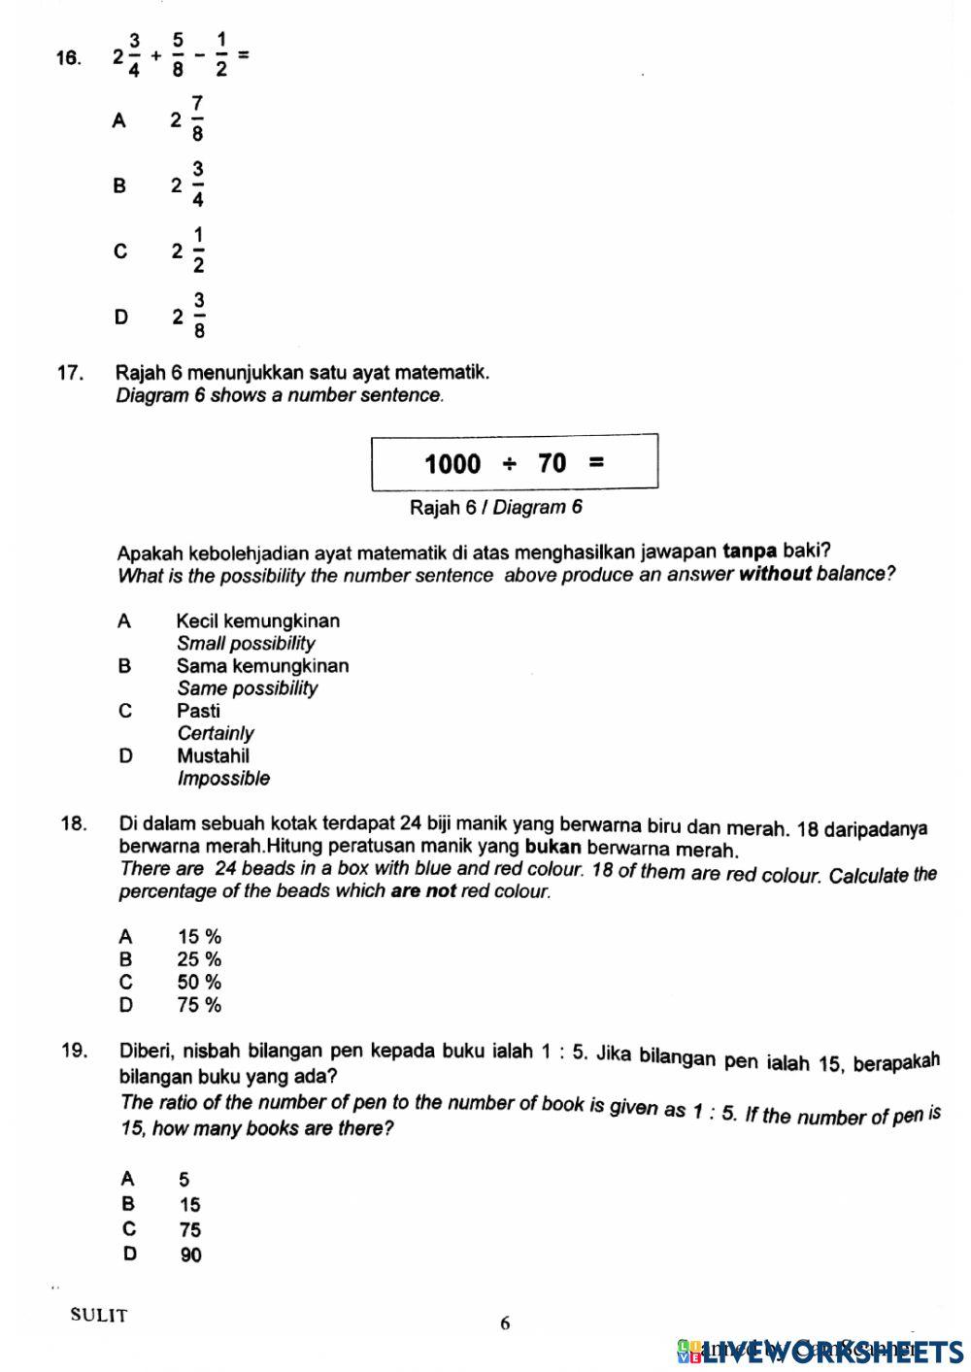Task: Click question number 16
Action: pos(68,57)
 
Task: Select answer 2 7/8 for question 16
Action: pos(188,119)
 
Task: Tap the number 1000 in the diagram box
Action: pos(452,463)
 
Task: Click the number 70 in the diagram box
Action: pos(552,463)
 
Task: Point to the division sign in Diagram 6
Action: pos(509,463)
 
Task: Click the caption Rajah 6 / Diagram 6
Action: pos(495,507)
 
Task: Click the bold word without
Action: pos(775,574)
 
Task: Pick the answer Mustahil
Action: pos(213,755)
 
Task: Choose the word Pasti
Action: pos(198,711)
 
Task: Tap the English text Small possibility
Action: pos(246,643)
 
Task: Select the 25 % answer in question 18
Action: pos(199,959)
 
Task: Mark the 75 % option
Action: pos(199,1005)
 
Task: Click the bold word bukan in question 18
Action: pos(552,847)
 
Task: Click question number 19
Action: pos(74,1051)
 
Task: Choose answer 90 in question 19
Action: pos(191,1255)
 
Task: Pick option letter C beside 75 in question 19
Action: pos(129,1228)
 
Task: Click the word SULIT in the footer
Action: pos(98,1316)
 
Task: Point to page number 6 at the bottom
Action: pos(504,1322)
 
